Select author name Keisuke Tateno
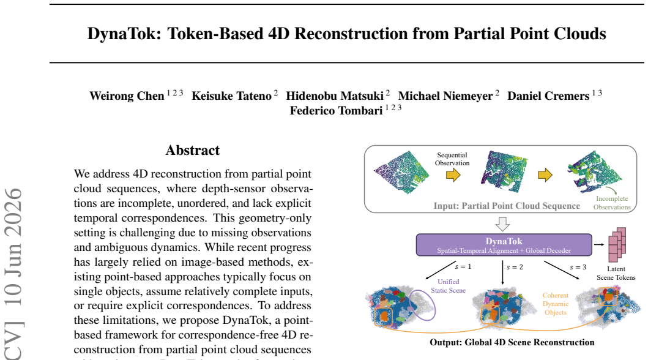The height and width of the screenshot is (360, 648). [231, 96]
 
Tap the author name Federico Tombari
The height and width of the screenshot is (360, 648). [336, 111]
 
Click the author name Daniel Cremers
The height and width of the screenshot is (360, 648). [548, 96]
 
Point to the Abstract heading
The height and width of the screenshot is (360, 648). [193, 150]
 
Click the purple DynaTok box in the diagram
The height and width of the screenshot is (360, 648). [504, 245]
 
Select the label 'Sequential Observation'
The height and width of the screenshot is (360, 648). [452, 159]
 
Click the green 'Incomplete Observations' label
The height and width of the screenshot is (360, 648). [612, 203]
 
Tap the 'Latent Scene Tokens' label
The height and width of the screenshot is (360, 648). [616, 273]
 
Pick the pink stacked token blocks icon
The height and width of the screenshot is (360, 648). [617, 244]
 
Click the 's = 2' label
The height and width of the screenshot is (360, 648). [515, 267]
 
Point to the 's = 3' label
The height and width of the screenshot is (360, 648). [578, 267]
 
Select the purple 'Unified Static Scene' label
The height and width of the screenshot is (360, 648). [449, 286]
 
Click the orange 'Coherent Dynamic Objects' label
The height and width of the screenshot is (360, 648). [556, 304]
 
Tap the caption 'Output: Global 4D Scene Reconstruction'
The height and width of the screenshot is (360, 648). [512, 342]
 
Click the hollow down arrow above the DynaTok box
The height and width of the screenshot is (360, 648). [502, 224]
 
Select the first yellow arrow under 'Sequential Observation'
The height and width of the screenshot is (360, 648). [453, 175]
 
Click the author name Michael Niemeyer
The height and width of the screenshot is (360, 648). [445, 96]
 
